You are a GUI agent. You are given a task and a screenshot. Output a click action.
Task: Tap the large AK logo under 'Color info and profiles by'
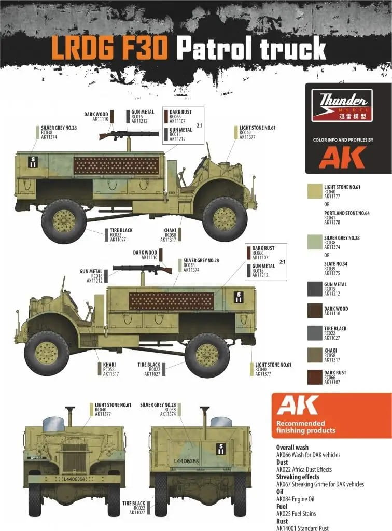342,157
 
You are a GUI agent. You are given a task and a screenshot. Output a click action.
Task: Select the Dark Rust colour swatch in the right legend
315,377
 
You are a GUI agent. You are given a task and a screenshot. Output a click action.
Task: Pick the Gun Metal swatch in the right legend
315,289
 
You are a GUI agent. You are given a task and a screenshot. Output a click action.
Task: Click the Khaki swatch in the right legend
315,355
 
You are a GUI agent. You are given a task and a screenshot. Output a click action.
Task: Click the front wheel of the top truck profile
225,219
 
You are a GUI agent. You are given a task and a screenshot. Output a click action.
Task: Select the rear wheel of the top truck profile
64,221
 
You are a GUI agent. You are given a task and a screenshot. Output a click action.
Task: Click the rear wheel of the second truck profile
207,355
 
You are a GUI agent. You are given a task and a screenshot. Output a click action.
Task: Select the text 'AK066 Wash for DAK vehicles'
308,455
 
